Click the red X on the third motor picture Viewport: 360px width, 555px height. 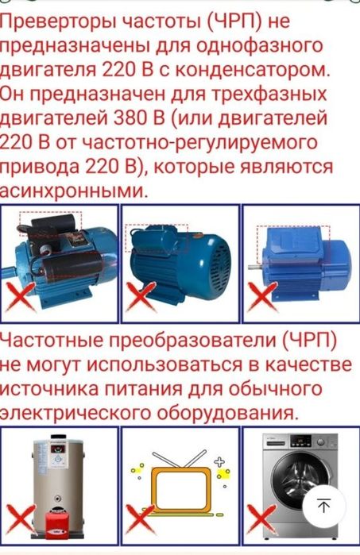262,298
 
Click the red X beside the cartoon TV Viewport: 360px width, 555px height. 141,522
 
